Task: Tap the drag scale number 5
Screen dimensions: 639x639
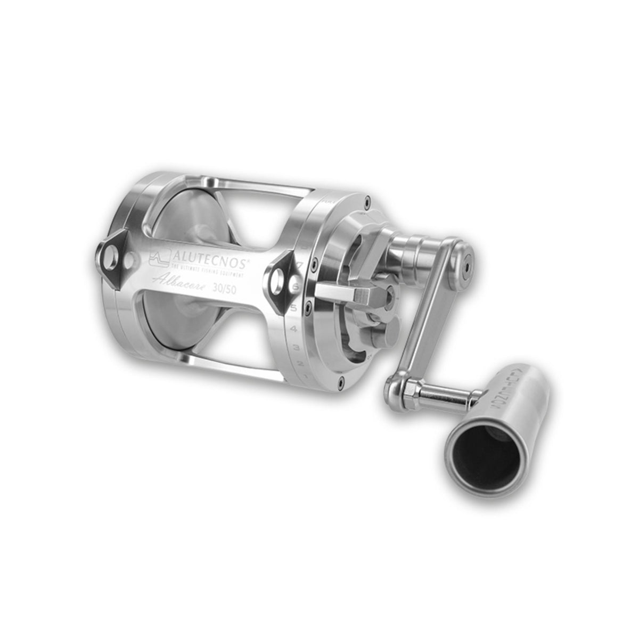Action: click(293, 307)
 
